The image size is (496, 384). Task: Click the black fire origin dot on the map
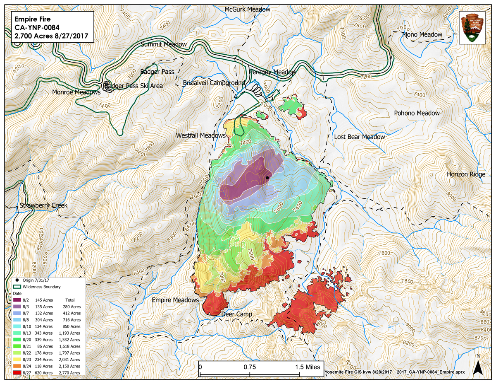point(267,178)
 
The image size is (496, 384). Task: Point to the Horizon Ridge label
point(466,174)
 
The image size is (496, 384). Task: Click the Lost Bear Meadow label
point(359,137)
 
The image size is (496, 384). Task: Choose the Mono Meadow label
point(422,34)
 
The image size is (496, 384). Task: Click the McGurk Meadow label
point(247,9)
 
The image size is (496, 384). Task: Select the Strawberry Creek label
point(43,205)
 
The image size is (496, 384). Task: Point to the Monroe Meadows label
point(76,92)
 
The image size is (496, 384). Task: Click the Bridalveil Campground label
point(214,83)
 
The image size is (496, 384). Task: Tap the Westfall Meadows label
point(201,135)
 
